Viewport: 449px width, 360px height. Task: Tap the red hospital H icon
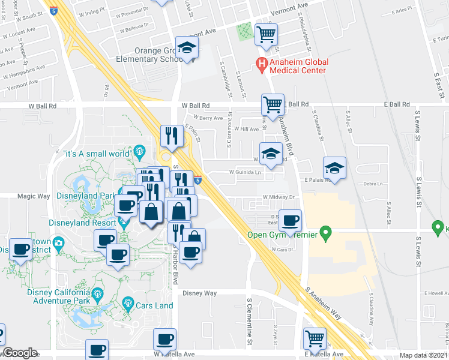click(261, 62)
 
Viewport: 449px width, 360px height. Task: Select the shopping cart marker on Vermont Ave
click(266, 34)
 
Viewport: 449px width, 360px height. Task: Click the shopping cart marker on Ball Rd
click(273, 104)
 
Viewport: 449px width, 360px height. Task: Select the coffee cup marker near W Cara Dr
click(291, 220)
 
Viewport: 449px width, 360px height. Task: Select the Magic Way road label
click(34, 196)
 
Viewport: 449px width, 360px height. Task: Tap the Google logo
click(20, 353)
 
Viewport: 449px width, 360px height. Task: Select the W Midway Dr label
click(277, 196)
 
